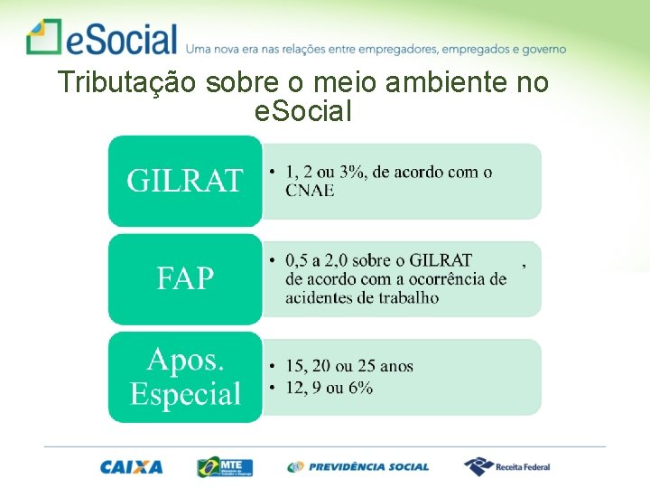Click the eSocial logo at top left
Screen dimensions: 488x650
102,38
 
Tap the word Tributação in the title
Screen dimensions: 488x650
127,83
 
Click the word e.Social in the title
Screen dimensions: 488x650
303,112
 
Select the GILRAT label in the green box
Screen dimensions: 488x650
185,181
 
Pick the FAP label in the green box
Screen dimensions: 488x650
185,278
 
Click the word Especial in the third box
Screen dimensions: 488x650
185,394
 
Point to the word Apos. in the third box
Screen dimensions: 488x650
185,360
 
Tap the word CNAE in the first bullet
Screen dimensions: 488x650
310,190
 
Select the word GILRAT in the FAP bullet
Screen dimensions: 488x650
441,261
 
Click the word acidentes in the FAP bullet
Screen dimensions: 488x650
322,297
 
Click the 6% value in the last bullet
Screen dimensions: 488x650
360,388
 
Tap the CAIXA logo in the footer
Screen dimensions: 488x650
132,467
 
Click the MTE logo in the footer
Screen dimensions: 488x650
225,467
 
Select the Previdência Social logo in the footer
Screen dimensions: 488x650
358,467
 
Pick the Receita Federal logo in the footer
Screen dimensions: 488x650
506,467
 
